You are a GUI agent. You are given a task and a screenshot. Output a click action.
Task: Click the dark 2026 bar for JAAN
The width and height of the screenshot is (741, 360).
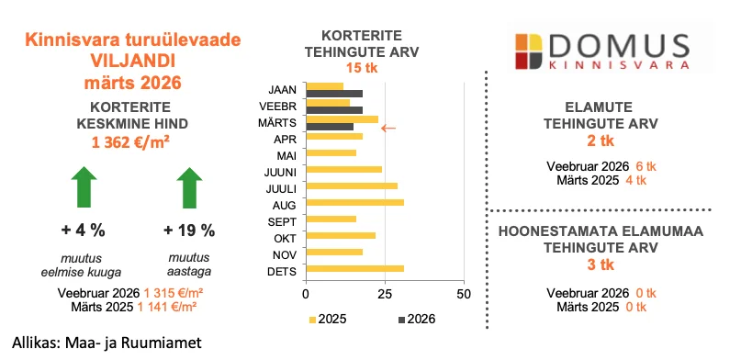coord(334,94)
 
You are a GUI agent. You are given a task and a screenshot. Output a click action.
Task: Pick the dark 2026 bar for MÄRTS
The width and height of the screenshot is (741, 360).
coord(329,127)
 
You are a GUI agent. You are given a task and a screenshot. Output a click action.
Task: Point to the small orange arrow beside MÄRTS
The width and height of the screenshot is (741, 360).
coord(388,128)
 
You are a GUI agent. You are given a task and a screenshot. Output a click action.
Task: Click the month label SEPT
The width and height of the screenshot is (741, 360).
coord(282,219)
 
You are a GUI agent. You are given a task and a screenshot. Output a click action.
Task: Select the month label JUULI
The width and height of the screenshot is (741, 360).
coord(280,186)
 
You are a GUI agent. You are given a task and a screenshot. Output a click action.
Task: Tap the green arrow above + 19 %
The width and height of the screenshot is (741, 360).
coord(189,187)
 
